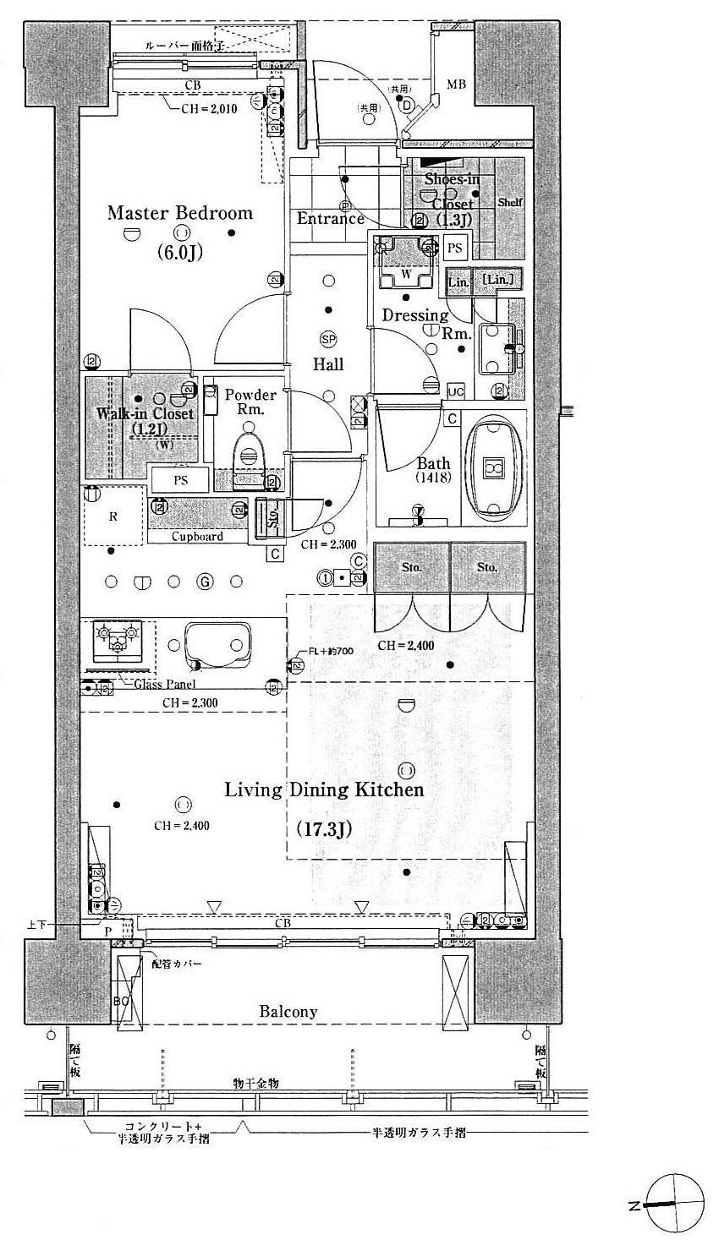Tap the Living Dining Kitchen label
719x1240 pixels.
point(323,789)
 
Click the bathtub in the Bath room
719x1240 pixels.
point(493,467)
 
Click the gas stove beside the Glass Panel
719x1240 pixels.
point(118,640)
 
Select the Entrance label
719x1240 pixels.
point(330,219)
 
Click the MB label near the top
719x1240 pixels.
point(456,85)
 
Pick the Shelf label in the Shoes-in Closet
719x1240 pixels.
point(510,203)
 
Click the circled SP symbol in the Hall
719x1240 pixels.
point(327,339)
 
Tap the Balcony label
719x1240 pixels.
point(288,1011)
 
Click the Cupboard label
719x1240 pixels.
point(197,536)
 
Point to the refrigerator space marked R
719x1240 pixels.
point(113,516)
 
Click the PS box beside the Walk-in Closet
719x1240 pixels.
point(179,480)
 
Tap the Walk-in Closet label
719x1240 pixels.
point(145,414)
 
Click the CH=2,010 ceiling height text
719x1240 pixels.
point(210,108)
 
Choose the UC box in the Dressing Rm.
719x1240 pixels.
point(456,391)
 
